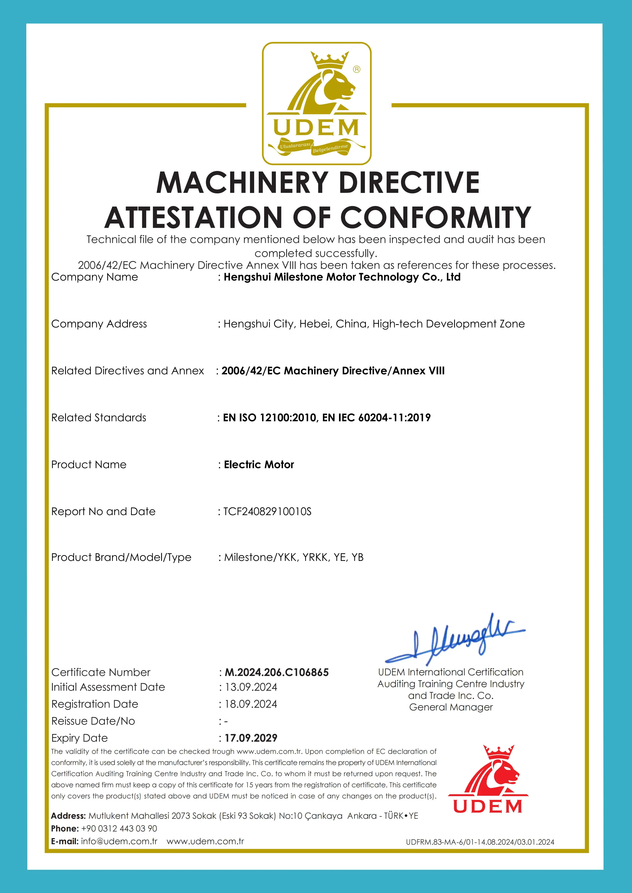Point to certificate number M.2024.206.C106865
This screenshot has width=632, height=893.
click(x=277, y=672)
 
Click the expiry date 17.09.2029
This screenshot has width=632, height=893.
click(x=251, y=738)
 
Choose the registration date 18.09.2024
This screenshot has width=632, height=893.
click(x=251, y=704)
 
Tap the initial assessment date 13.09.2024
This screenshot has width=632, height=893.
click(x=251, y=687)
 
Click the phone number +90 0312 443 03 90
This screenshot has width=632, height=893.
click(x=119, y=828)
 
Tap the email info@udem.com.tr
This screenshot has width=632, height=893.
click(x=119, y=841)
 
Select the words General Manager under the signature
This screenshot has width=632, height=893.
click(x=451, y=707)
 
